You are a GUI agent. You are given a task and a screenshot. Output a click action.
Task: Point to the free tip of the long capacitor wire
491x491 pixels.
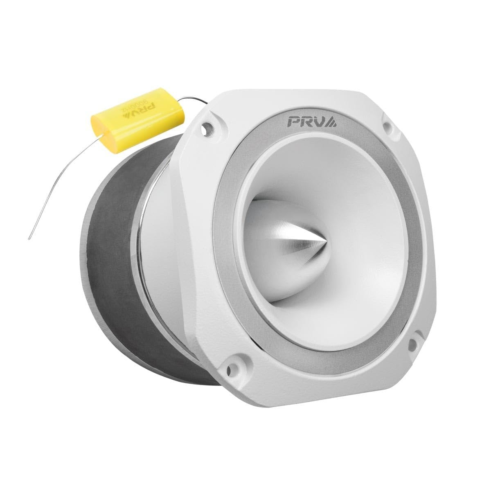(28, 239)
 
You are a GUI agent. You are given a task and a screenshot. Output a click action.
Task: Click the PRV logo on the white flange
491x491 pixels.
(311, 122)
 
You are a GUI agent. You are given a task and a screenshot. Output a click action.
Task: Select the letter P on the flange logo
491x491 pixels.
(294, 122)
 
